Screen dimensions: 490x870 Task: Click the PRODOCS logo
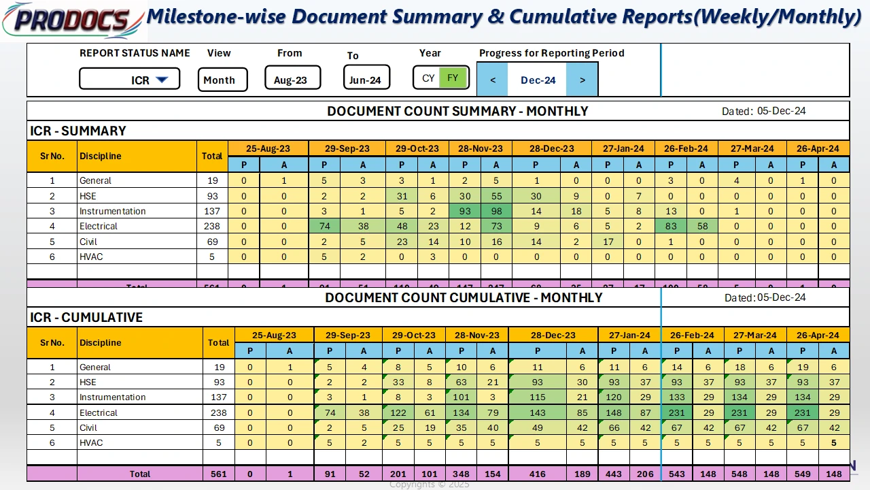72,20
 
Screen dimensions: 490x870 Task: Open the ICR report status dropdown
161,80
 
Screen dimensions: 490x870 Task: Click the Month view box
222,80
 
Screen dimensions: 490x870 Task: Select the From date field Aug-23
290,80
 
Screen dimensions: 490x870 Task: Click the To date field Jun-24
365,80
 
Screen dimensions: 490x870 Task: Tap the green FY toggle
453,78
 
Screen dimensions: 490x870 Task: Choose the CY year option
428,78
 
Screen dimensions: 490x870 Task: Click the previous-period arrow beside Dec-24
493,80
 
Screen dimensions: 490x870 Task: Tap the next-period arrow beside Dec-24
582,80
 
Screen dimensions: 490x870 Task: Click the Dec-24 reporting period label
538,80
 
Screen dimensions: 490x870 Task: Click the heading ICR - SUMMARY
78,131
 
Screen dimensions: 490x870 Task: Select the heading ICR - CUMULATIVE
86,317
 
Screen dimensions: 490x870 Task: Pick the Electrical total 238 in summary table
212,226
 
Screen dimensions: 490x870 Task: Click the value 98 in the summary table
496,211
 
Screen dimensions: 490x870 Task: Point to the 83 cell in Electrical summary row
671,226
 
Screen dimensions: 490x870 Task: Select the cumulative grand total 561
218,474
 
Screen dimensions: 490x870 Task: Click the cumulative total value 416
538,474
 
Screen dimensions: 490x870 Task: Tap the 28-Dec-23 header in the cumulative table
553,335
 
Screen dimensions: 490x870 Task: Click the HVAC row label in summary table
91,257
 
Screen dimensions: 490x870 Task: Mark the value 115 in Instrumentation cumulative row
538,397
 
